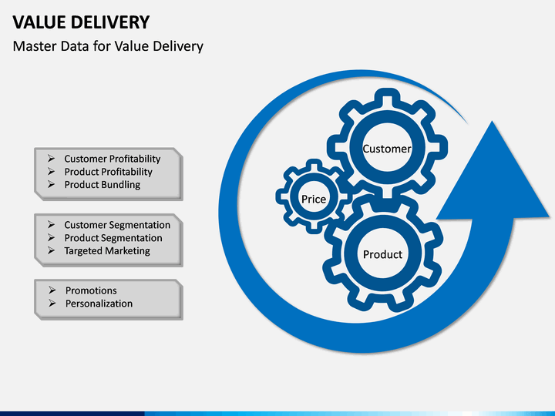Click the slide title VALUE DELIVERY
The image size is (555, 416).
pos(81,22)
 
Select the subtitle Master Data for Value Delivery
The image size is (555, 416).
pos(108,46)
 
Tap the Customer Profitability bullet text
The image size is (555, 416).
pos(113,159)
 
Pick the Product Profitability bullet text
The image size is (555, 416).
pos(108,172)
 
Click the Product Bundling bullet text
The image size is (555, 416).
pos(102,185)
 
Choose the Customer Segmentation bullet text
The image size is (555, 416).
pos(117,225)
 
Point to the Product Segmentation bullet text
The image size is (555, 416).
pos(113,238)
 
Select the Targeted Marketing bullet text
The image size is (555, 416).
pos(107,251)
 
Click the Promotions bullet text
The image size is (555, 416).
pos(91,290)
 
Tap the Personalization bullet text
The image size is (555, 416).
pos(99,304)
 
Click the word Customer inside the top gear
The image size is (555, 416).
pos(387,149)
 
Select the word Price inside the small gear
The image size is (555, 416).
pos(314,200)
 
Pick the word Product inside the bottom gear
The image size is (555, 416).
pos(382,254)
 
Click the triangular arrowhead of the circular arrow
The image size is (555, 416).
pos(493,180)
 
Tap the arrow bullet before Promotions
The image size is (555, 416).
pos(52,290)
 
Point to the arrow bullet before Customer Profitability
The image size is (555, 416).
pos(51,159)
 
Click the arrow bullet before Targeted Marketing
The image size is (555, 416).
pos(51,250)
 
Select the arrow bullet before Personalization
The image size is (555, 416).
pos(52,304)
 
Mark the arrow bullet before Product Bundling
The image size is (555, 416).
pos(51,184)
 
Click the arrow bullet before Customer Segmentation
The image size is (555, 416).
pos(51,225)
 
